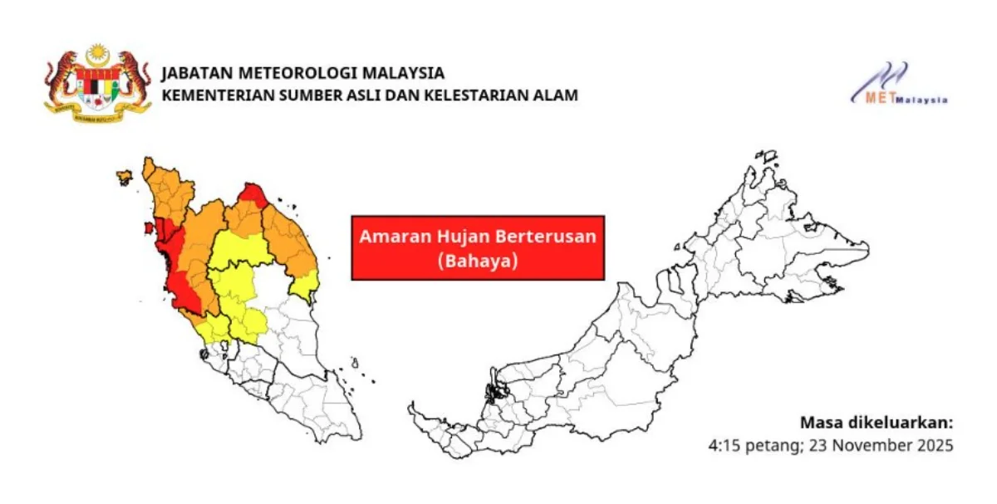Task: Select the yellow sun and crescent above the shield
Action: click(x=98, y=55)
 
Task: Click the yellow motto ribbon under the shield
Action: click(x=98, y=115)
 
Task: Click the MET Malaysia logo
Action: click(x=897, y=85)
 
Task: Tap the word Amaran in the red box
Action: click(x=387, y=236)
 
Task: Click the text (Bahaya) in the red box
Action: click(x=478, y=261)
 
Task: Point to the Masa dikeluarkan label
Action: click(x=877, y=422)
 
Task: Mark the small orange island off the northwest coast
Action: click(x=124, y=177)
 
